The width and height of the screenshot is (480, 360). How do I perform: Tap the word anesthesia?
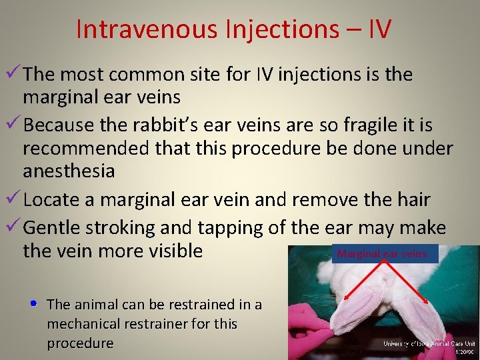69,171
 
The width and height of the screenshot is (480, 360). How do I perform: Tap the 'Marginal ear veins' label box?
385,254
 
